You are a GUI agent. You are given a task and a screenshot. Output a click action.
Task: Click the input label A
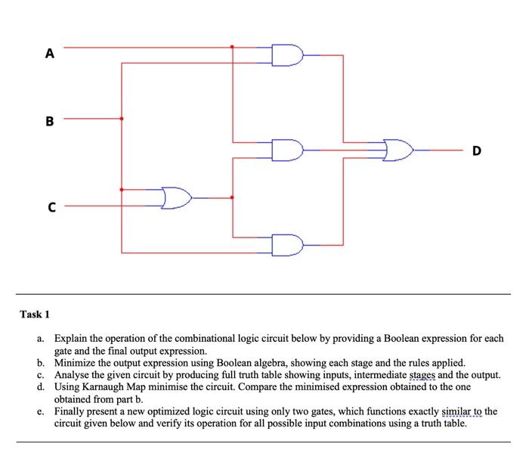click(x=50, y=53)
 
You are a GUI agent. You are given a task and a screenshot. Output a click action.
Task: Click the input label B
click(x=50, y=120)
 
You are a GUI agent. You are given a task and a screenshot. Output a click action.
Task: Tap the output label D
click(x=476, y=150)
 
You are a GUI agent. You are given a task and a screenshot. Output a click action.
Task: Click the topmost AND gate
click(x=288, y=55)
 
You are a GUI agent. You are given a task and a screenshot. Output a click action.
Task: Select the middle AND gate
click(x=288, y=150)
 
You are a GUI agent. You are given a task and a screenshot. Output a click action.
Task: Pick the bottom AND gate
click(x=288, y=245)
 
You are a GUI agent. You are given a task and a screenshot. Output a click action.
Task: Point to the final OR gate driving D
click(x=398, y=150)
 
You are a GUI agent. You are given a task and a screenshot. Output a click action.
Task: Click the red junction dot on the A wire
click(x=232, y=47)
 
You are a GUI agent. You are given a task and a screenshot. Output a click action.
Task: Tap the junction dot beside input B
click(x=122, y=118)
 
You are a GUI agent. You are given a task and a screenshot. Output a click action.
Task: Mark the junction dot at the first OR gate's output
click(x=232, y=198)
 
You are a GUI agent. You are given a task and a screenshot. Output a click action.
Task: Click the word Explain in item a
click(x=71, y=339)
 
